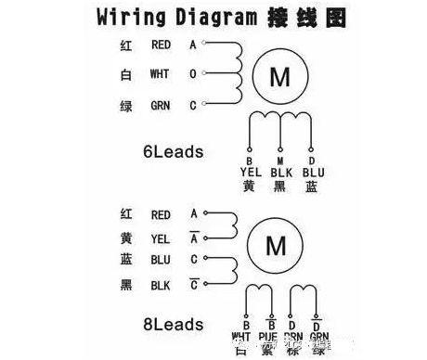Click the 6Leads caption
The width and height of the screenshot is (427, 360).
174,151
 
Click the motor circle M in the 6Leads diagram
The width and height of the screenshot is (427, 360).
278,78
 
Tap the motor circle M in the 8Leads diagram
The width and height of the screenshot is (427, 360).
276,245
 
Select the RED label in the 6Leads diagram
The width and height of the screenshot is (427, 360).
161,45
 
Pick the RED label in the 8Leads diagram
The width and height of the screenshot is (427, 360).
161,214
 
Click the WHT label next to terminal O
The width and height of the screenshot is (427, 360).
160,75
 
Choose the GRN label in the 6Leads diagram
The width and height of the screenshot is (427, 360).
161,106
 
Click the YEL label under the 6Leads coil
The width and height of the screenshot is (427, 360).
248,173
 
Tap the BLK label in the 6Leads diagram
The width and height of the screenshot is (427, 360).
281,173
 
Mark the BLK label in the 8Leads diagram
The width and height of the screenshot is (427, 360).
161,287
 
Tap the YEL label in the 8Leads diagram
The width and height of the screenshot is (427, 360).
161,238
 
